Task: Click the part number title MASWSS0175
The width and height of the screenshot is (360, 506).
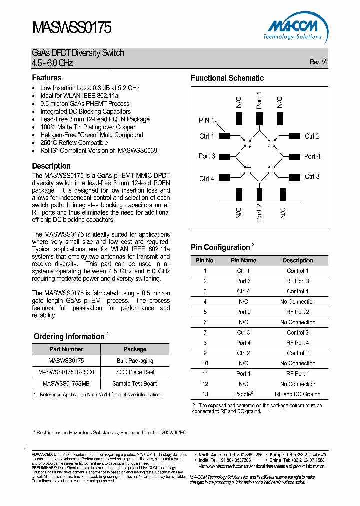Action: tap(72, 27)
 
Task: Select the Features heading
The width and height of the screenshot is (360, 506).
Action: tap(47, 78)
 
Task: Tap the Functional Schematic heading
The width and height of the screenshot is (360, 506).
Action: tap(227, 78)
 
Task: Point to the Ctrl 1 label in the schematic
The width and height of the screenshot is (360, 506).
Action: tap(207, 136)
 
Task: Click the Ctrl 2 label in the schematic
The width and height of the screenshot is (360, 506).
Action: tap(312, 136)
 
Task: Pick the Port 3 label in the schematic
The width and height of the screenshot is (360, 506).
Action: tap(207, 156)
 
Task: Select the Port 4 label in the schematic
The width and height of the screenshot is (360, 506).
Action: tap(312, 156)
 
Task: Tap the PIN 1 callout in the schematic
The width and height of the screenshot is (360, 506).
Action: tap(206, 120)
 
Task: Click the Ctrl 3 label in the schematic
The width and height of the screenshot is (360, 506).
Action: tap(312, 176)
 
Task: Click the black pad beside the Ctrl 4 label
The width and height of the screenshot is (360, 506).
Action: tap(224, 177)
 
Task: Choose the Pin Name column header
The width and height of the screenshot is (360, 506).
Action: tap(243, 260)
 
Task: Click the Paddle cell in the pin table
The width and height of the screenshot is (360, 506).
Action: tap(243, 394)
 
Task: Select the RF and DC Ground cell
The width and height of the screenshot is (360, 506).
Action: tap(298, 394)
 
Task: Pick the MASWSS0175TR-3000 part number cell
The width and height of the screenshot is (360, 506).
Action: tap(66, 372)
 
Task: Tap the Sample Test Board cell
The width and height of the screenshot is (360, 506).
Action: tap(135, 384)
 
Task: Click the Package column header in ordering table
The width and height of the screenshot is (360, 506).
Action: tap(135, 349)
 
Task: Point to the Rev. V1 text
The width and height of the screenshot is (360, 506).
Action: tap(318, 62)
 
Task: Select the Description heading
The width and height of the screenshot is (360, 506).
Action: tap(51, 166)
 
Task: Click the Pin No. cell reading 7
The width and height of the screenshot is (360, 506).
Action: tap(205, 332)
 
